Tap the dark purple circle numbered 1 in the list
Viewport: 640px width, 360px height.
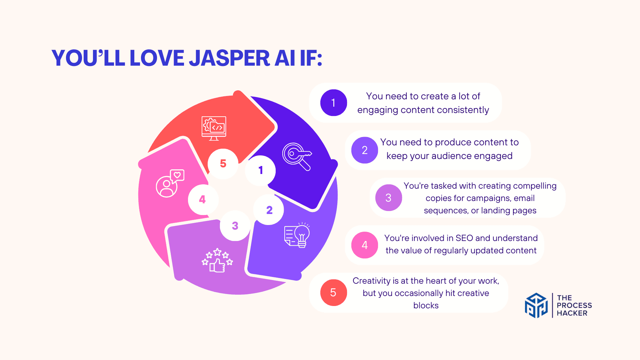[x=334, y=103]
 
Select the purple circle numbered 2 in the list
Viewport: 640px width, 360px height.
[x=365, y=150]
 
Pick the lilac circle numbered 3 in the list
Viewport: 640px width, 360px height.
[x=389, y=198]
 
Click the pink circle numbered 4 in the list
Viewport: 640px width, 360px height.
[x=365, y=245]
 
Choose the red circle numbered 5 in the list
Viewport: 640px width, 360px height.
[x=334, y=293]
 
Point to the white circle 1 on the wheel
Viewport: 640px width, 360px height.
[x=260, y=170]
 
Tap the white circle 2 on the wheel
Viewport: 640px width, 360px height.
[x=269, y=210]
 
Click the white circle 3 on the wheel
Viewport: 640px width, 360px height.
[x=235, y=226]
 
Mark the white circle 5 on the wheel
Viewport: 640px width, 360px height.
[x=223, y=164]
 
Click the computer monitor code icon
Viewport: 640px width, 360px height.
[x=214, y=128]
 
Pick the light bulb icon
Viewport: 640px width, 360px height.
[x=297, y=235]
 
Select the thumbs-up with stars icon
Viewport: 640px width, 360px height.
[x=217, y=260]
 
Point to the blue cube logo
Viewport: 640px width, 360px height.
[x=536, y=305]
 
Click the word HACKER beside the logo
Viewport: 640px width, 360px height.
[x=572, y=313]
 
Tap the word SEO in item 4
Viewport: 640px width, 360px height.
[x=464, y=238]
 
